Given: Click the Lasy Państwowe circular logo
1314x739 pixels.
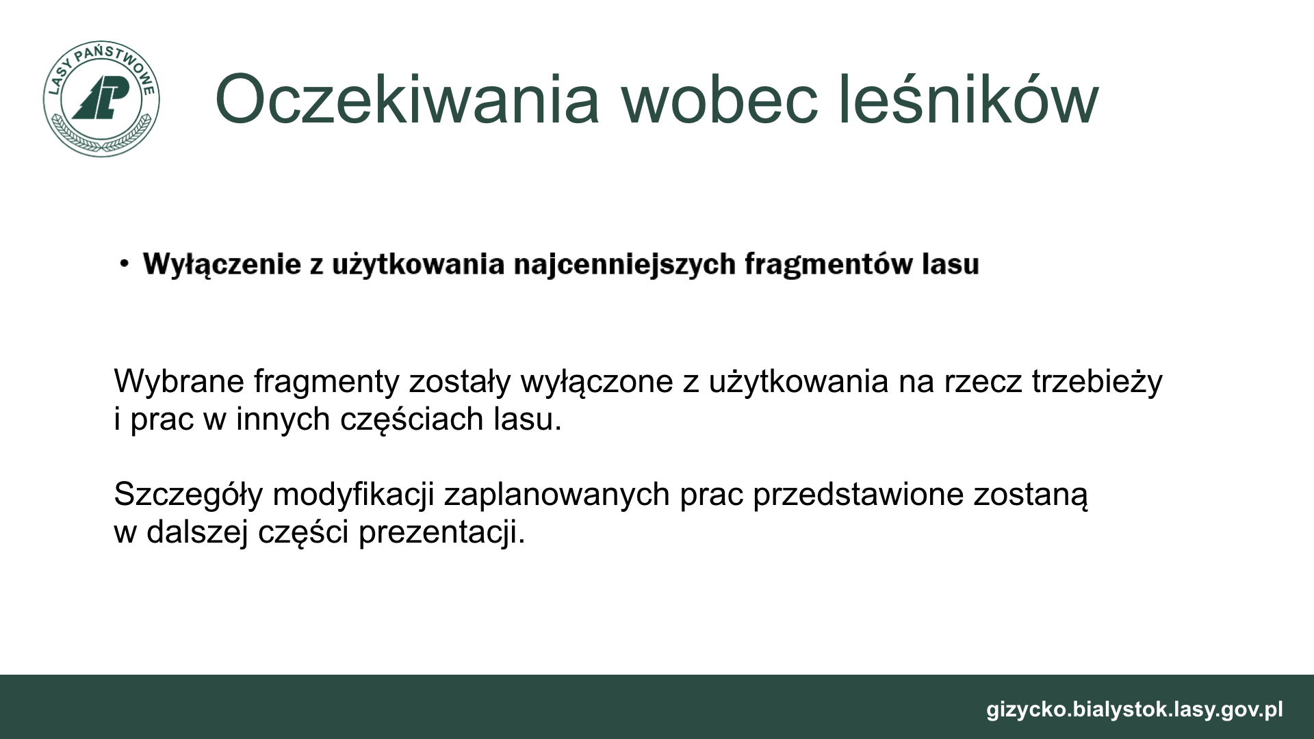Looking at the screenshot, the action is pos(101,99).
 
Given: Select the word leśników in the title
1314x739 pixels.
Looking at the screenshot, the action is pos(968,100).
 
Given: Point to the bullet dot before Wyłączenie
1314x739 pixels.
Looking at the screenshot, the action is pos(123,263).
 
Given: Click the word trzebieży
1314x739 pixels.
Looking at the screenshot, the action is pos(1097,381).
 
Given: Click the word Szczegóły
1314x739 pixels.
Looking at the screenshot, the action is pos(188,495).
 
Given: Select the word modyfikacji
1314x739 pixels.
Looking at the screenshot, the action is pos(354,495).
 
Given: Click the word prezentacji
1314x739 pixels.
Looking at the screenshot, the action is pos(442,532).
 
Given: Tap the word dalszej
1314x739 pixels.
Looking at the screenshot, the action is pos(197,532).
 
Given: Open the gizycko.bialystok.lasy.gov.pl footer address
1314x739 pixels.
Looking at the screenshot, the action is pos(1135,710).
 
